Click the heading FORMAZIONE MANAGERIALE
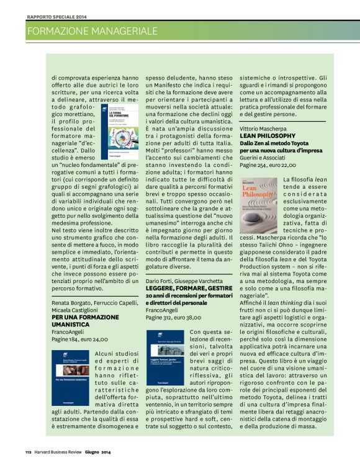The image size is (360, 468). [x=92, y=30]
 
